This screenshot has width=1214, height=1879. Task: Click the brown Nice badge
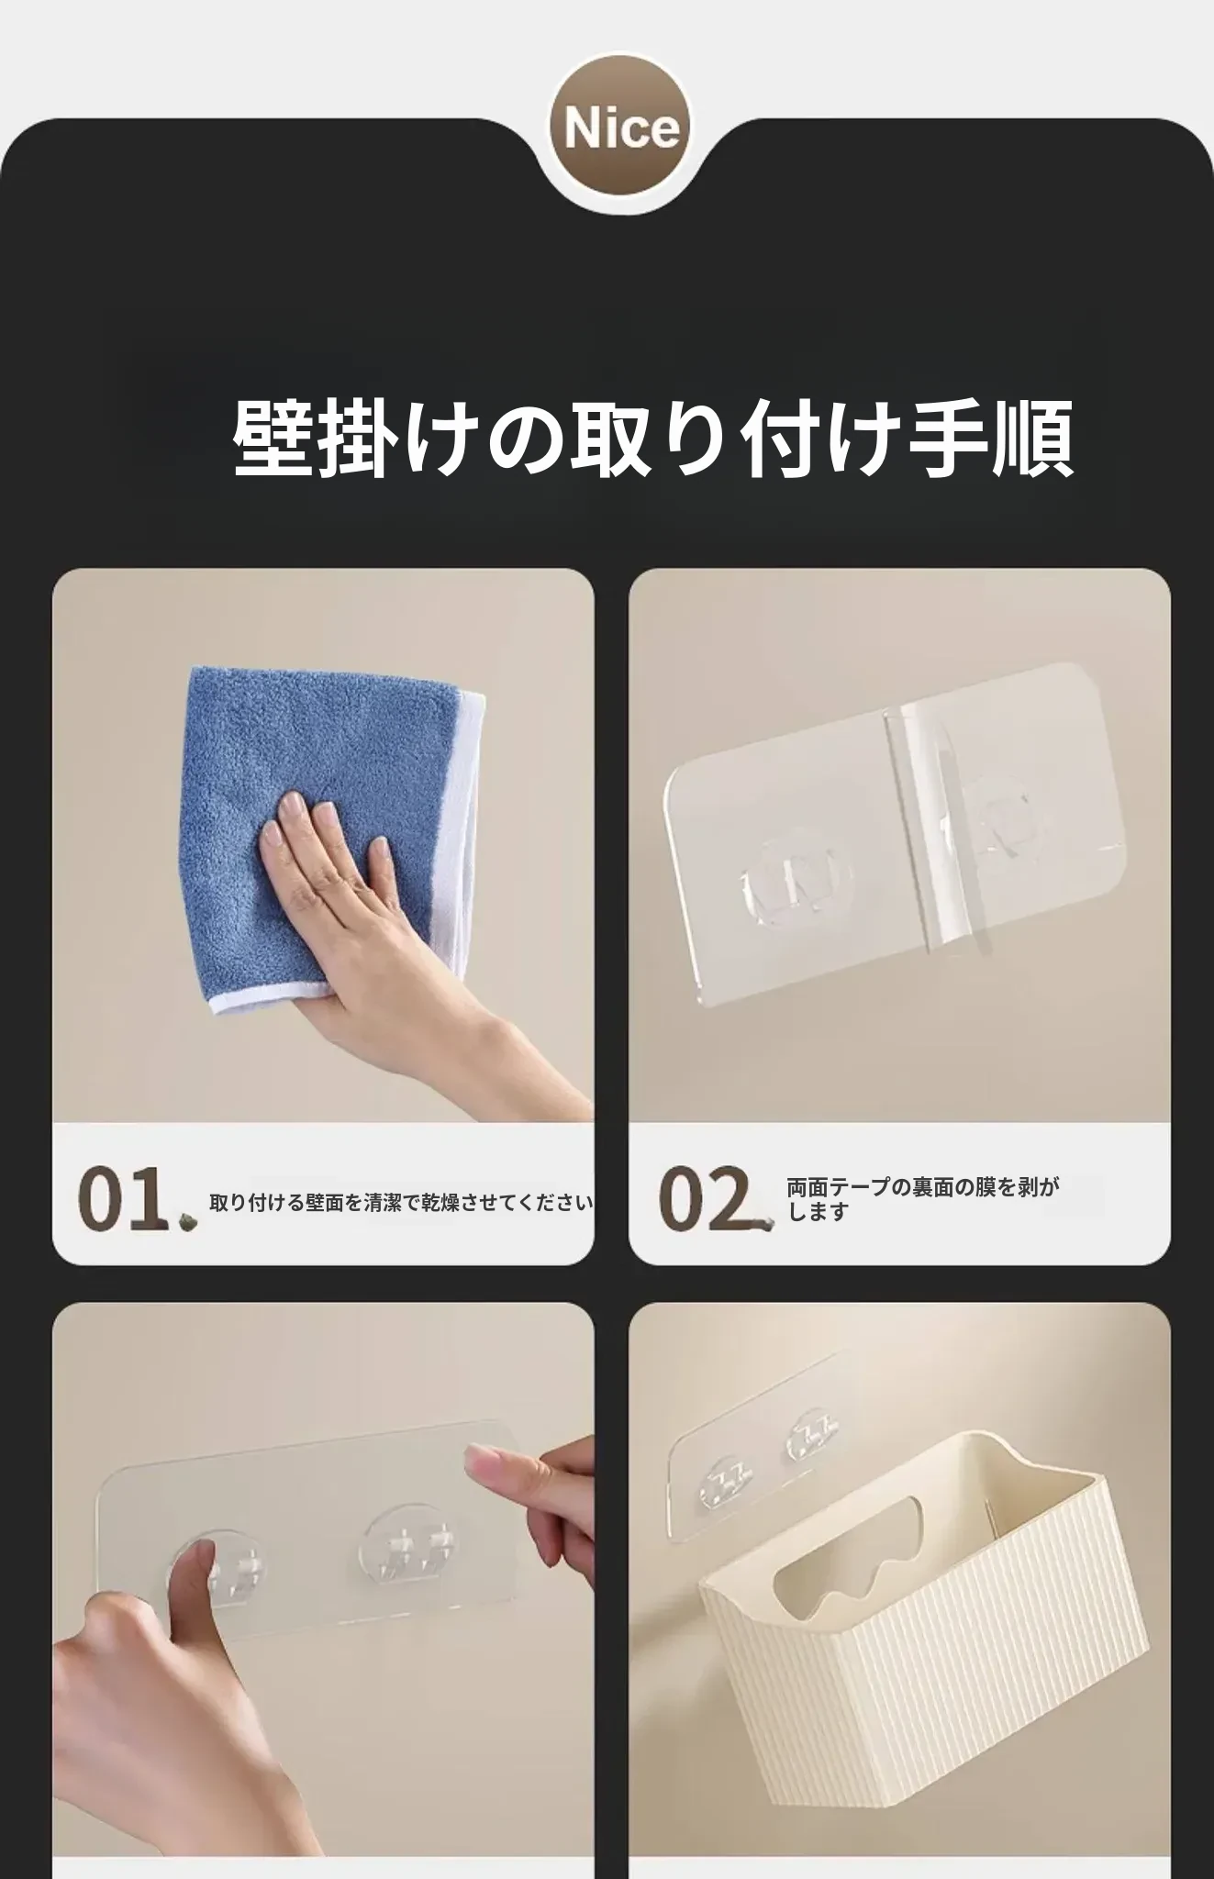[x=620, y=128]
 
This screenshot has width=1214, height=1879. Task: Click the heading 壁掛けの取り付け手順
[x=653, y=439]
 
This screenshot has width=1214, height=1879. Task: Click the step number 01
[x=123, y=1198]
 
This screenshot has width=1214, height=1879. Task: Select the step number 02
[x=704, y=1198]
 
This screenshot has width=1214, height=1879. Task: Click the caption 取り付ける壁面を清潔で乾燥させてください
[x=401, y=1202]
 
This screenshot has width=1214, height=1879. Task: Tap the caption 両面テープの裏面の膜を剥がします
[x=923, y=1199]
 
